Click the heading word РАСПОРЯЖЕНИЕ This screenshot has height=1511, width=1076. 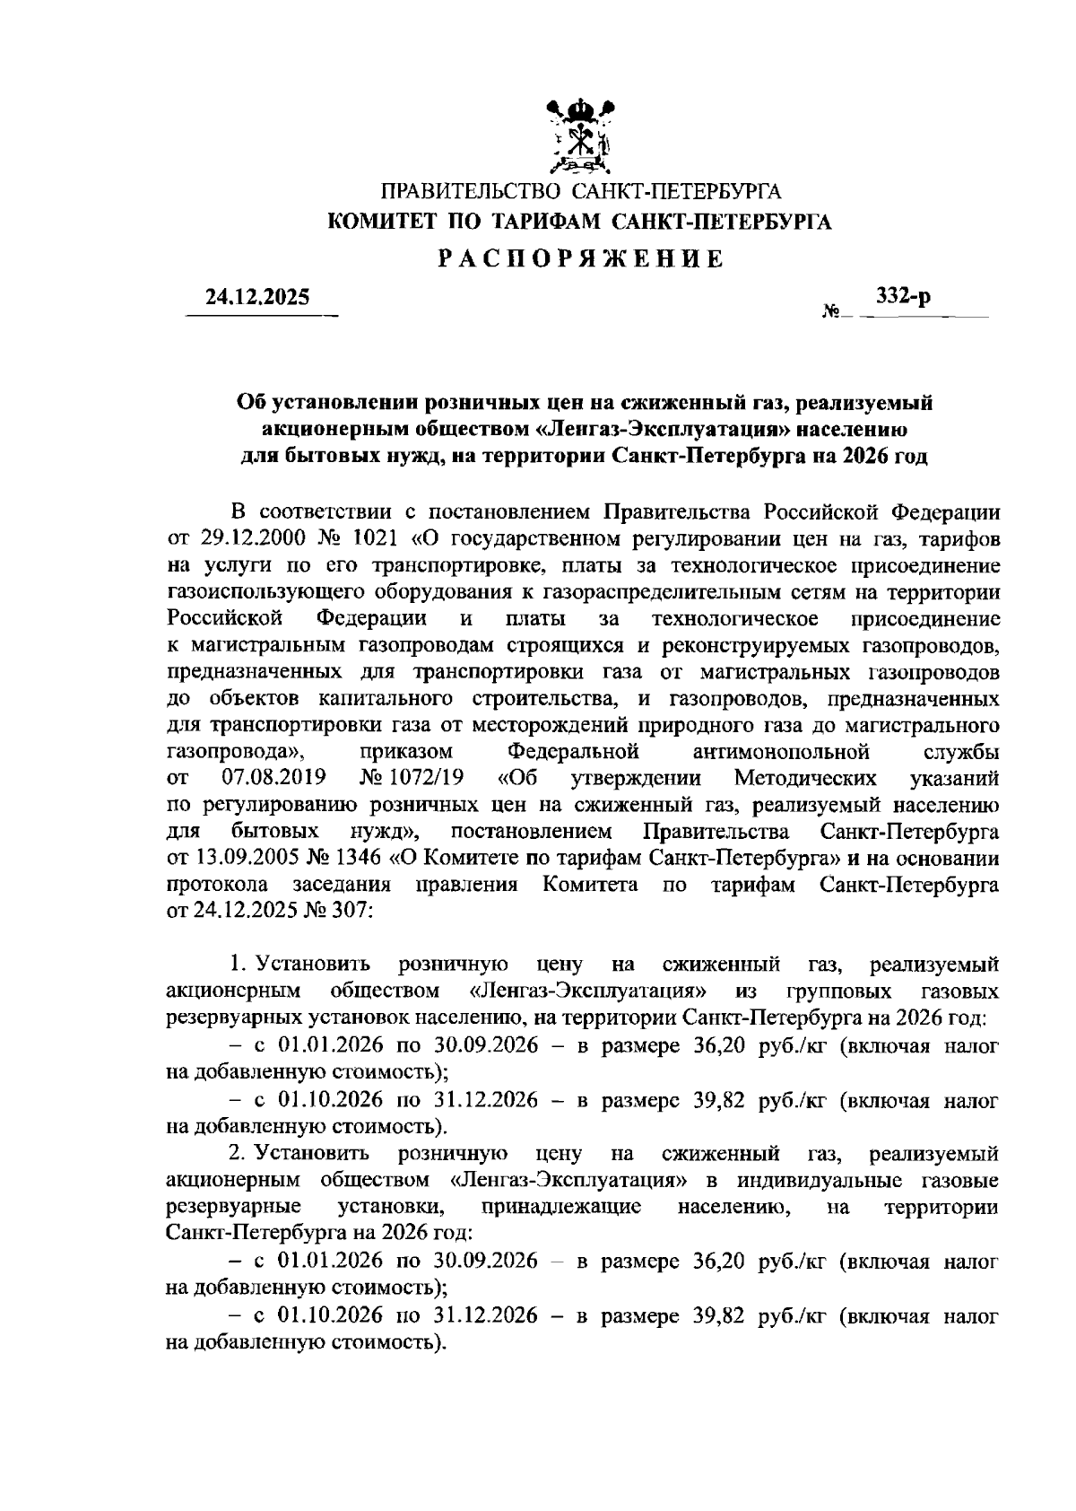coord(580,259)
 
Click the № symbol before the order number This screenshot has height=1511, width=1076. coord(829,312)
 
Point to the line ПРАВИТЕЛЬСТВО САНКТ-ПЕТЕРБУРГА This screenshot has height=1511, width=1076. coord(581,191)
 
